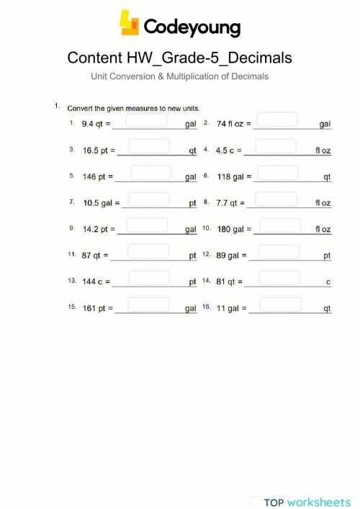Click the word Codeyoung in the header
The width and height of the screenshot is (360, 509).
tap(192, 27)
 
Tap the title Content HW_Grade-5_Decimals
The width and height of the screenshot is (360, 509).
tap(179, 58)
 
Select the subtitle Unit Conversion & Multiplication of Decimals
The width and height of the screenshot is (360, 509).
tap(179, 76)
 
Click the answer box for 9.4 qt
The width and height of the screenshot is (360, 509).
tap(148, 120)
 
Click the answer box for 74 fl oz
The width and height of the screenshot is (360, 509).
tap(277, 120)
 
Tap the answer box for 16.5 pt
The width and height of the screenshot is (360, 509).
tap(148, 146)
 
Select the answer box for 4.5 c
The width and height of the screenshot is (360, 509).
tap(275, 146)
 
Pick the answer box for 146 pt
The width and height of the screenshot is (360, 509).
tap(150, 172)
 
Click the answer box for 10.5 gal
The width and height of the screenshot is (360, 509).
tap(148, 199)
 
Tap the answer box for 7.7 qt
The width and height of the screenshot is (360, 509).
tap(277, 199)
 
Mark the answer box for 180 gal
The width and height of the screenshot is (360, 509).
tap(279, 225)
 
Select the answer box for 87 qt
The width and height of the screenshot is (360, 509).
tap(150, 251)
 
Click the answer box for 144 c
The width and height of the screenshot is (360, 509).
tap(148, 278)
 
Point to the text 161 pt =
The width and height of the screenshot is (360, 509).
tap(98, 308)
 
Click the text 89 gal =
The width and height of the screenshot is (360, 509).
tap(233, 256)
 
